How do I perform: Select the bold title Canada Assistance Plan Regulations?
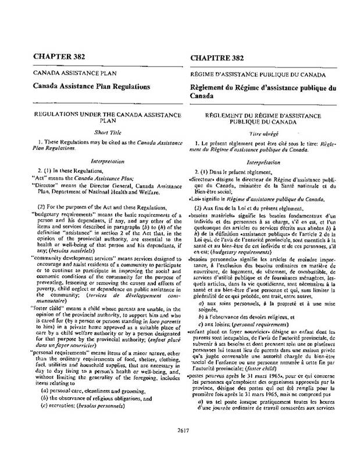(x=88, y=86)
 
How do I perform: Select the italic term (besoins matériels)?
(x=132, y=251)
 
